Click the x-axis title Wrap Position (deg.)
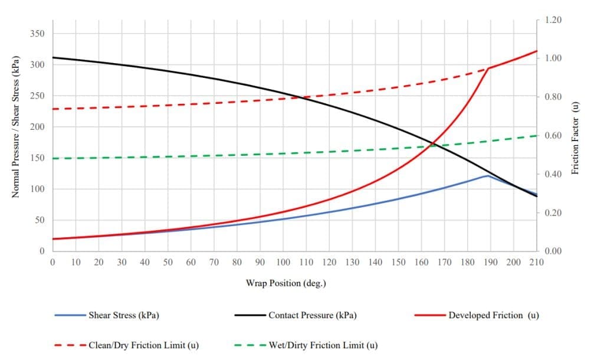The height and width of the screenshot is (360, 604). tap(286, 283)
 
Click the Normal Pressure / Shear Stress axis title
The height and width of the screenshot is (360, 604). tap(17, 126)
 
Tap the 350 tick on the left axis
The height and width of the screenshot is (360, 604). tap(37, 33)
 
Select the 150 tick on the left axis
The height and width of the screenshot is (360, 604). tap(37, 158)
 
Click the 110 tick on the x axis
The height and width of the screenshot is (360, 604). tap(306, 262)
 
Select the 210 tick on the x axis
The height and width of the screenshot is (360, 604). tap(536, 262)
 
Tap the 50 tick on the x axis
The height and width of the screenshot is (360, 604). tap(168, 262)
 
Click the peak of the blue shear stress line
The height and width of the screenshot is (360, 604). tap(488, 176)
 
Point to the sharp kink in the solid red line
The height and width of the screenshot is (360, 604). tap(488, 68)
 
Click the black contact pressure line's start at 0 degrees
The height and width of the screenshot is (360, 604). tap(53, 57)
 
